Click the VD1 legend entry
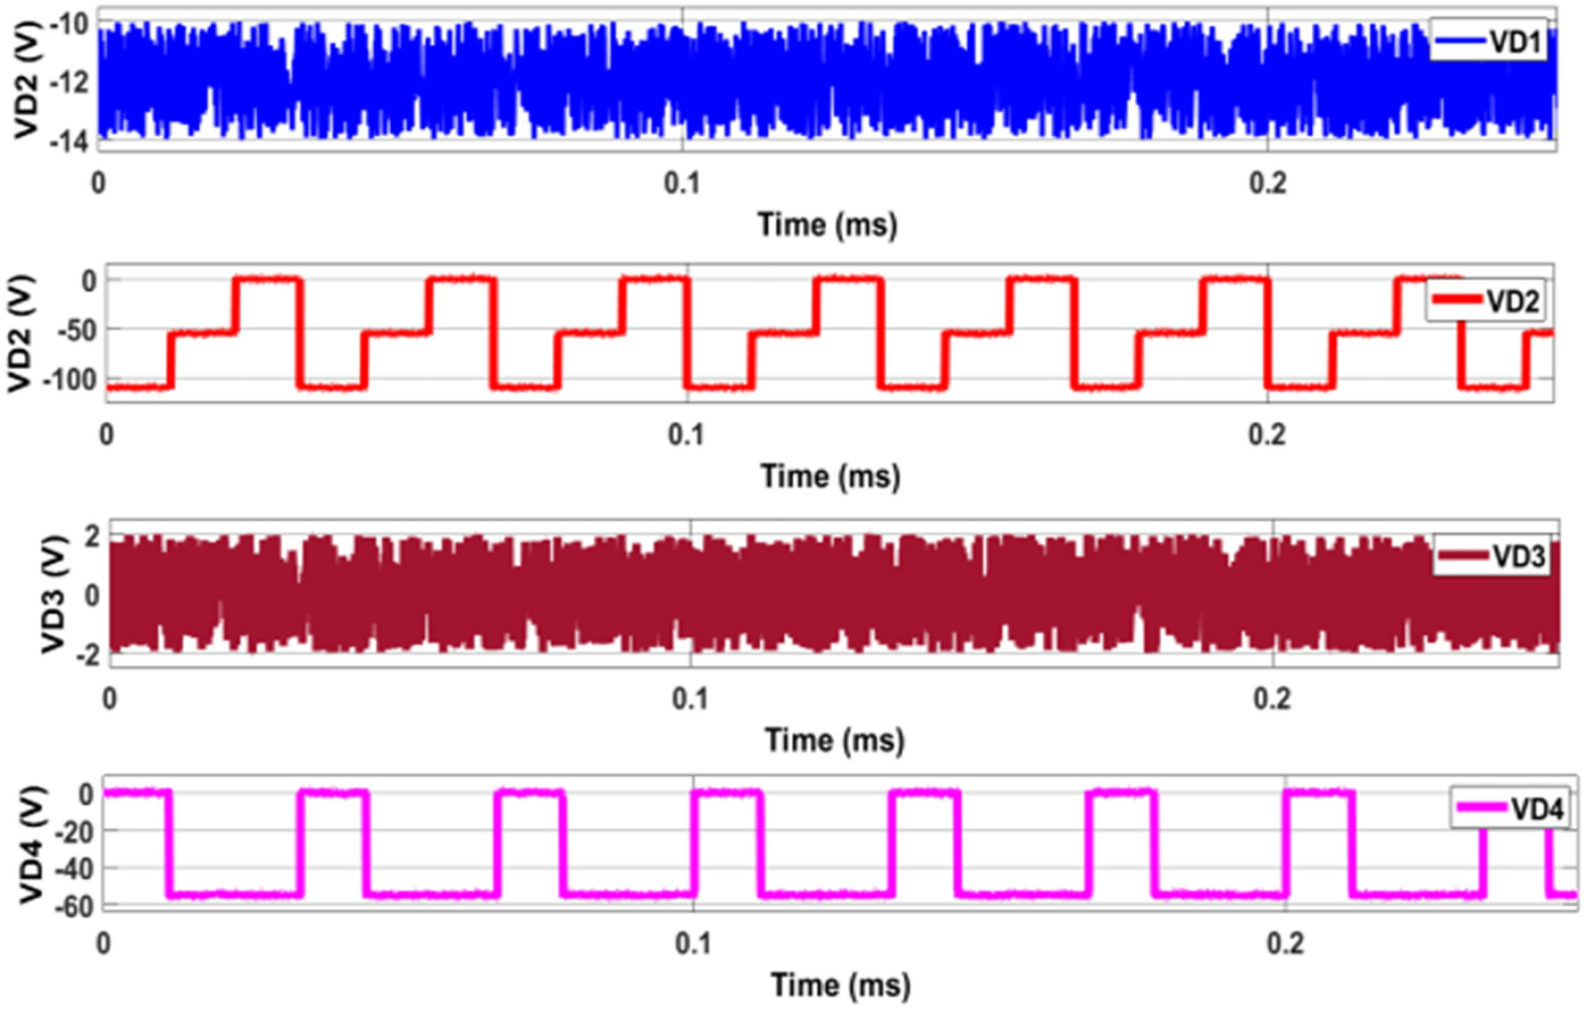(x=1489, y=42)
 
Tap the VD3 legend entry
(x=1492, y=557)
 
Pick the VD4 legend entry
(x=1511, y=808)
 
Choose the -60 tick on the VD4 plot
(x=73, y=906)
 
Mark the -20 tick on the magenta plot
(x=73, y=832)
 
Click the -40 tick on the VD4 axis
(x=73, y=868)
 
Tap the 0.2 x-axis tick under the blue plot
(x=1267, y=184)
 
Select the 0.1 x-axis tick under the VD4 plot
(x=693, y=944)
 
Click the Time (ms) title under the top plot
(x=827, y=224)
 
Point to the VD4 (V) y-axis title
(x=32, y=845)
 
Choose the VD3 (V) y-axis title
(x=54, y=594)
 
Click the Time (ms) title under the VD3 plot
(x=834, y=740)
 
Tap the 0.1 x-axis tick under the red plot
(x=686, y=435)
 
